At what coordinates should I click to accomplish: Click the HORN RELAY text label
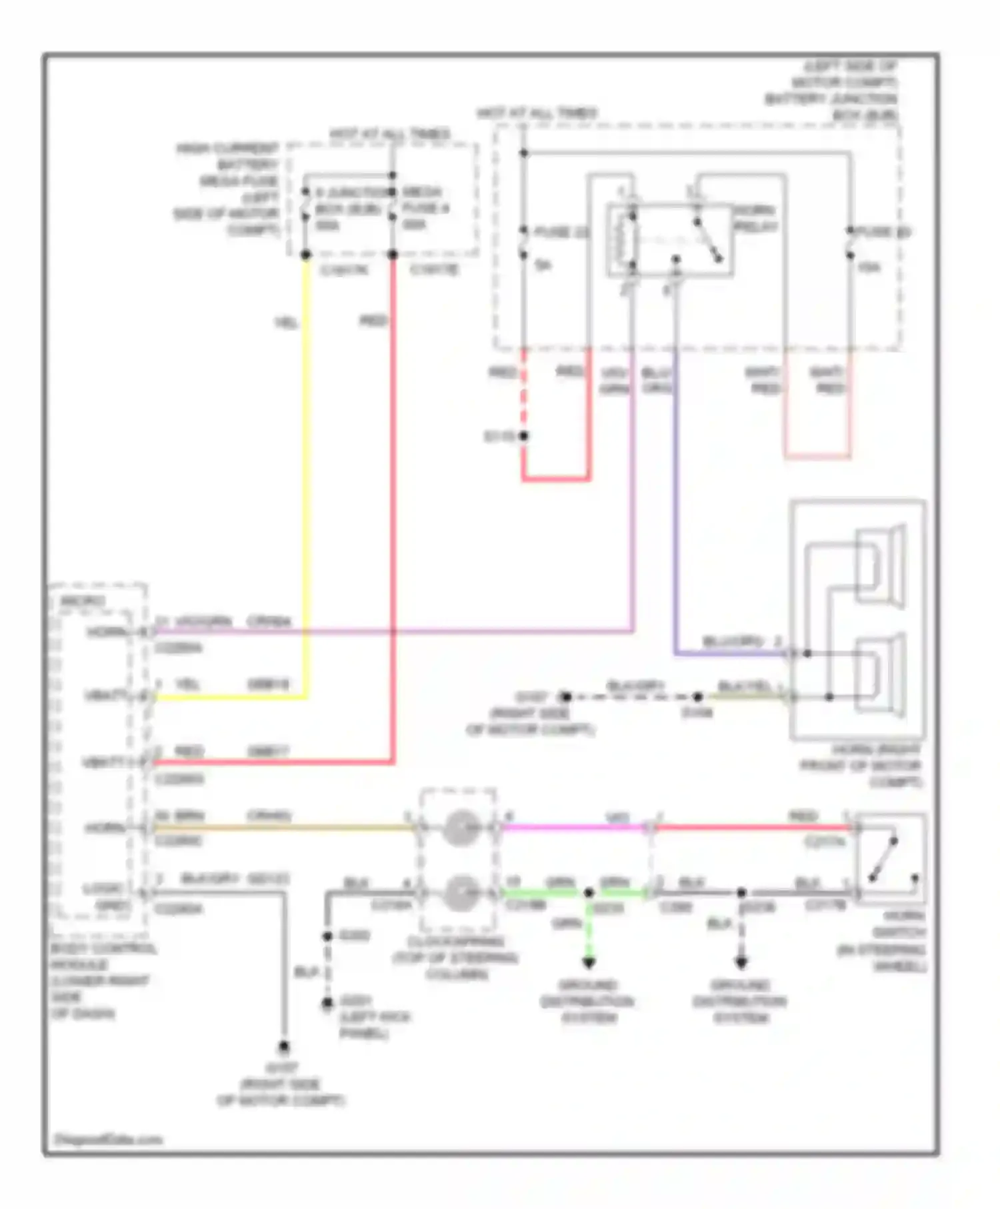point(755,219)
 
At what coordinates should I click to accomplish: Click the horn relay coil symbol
point(625,241)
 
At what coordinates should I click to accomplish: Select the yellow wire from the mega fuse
point(307,467)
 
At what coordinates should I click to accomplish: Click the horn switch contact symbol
point(883,860)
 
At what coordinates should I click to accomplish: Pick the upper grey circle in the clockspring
point(459,828)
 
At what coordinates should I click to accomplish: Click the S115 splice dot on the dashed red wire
point(524,436)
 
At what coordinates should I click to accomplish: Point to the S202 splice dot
point(327,936)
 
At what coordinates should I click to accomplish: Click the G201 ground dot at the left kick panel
point(327,1002)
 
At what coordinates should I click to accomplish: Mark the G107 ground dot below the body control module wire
point(284,1046)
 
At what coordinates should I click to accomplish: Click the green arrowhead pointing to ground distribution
point(589,962)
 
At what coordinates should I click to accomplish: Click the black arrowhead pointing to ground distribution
point(741,962)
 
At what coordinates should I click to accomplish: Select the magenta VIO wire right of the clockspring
point(573,828)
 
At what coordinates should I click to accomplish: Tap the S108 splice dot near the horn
point(697,696)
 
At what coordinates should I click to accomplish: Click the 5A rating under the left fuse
point(543,265)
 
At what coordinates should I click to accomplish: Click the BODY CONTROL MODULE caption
point(100,980)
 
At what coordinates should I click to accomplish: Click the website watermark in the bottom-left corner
point(108,1140)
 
